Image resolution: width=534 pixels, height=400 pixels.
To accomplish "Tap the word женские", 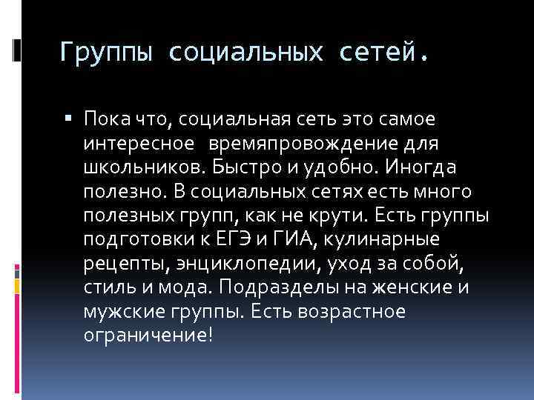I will (429, 288).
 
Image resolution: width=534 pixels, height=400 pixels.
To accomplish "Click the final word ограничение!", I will (148, 336).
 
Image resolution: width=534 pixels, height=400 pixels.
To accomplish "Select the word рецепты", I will (123, 264).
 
